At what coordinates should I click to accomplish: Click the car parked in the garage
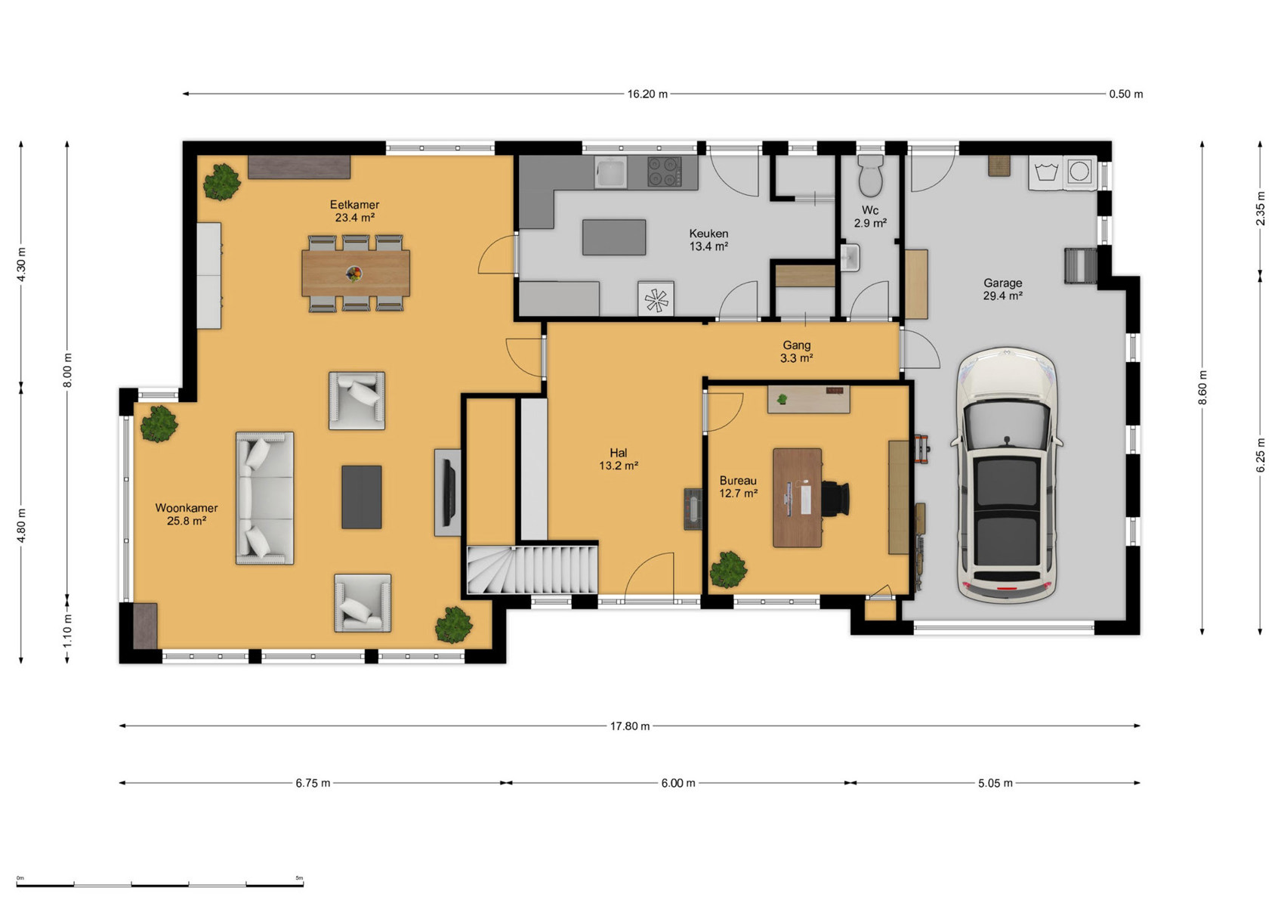pyautogui.click(x=1007, y=475)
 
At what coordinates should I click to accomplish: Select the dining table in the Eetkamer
pyautogui.click(x=356, y=273)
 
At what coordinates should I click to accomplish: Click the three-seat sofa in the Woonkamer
pyautogui.click(x=265, y=498)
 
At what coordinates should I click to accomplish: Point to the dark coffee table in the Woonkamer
pyautogui.click(x=362, y=497)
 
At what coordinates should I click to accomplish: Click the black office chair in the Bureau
pyautogui.click(x=835, y=499)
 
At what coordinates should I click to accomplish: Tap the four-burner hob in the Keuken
pyautogui.click(x=664, y=172)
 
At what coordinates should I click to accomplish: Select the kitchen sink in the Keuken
pyautogui.click(x=611, y=172)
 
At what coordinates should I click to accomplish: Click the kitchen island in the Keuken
pyautogui.click(x=614, y=237)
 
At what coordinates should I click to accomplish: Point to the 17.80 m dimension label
pyautogui.click(x=630, y=726)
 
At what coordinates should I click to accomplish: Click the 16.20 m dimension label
pyautogui.click(x=647, y=94)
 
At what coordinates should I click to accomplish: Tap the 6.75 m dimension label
pyautogui.click(x=313, y=783)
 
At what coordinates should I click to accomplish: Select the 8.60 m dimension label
pyautogui.click(x=1202, y=388)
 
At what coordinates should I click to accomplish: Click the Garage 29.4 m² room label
pyautogui.click(x=1002, y=289)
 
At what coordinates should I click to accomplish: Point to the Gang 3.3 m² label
pyautogui.click(x=797, y=351)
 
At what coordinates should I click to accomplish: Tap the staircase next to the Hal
pyautogui.click(x=532, y=570)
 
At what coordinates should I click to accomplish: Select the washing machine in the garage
pyautogui.click(x=1080, y=172)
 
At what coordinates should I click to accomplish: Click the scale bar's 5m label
pyautogui.click(x=299, y=878)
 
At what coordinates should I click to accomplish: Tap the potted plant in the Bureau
pyautogui.click(x=728, y=570)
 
